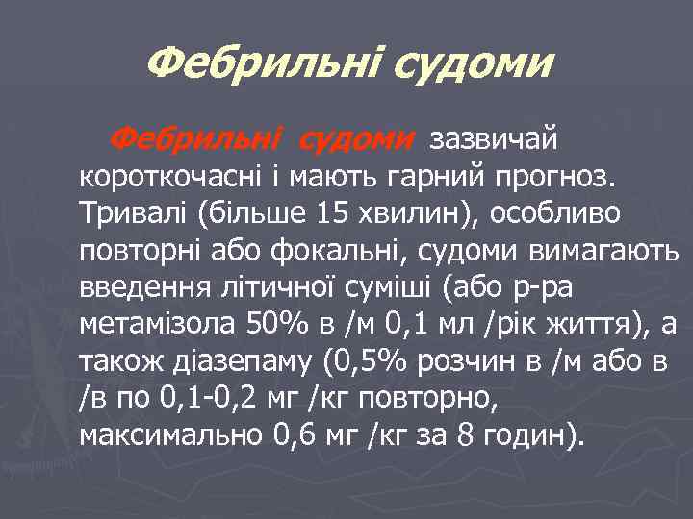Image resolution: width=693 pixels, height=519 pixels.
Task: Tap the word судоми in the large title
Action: tap(477, 65)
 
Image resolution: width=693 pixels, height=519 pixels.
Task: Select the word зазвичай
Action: tap(493, 140)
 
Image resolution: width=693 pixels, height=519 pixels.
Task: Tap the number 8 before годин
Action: tap(465, 439)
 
